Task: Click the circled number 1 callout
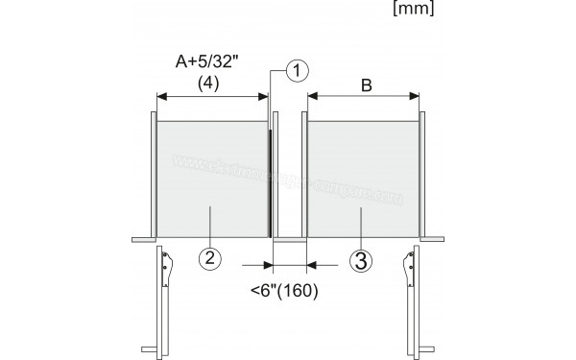[x=300, y=71]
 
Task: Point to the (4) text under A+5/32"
[x=210, y=83]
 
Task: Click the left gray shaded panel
[x=210, y=178]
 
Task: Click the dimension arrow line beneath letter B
[x=364, y=96]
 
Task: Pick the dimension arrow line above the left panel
[x=212, y=96]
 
